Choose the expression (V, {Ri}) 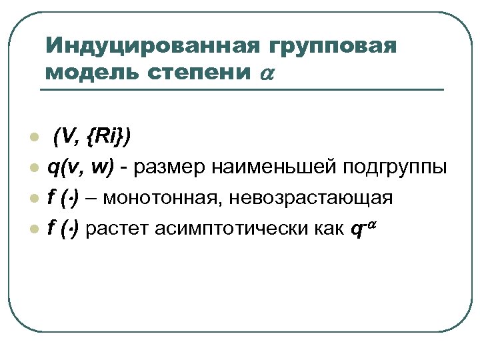pyautogui.click(x=93, y=137)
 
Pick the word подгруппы pyautogui.click(x=395, y=169)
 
